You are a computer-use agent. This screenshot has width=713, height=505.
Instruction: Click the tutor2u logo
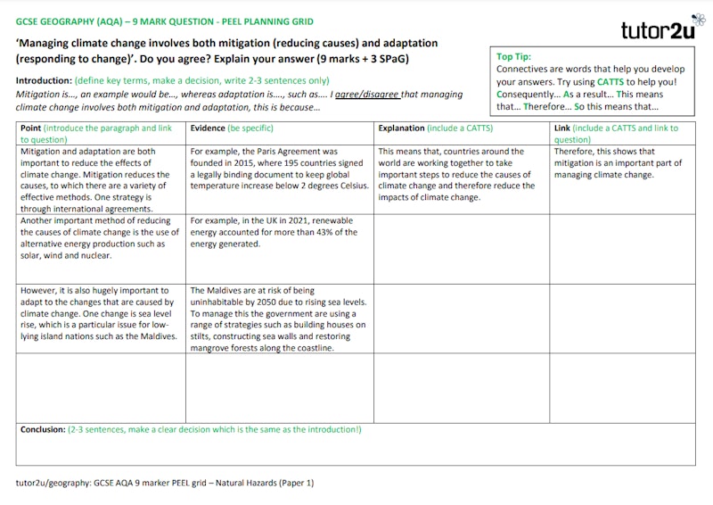[657, 30]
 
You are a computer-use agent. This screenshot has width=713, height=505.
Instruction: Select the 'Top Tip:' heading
[513, 57]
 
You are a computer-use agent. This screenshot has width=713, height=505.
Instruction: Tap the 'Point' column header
[30, 128]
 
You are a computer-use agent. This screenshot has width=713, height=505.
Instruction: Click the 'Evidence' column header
[208, 128]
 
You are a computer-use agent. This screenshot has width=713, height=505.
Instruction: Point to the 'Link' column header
[561, 128]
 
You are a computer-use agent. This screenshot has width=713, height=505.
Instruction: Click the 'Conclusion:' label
[43, 429]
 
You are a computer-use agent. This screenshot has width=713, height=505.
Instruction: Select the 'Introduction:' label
[44, 80]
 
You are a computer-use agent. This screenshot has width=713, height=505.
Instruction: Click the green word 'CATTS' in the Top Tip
[610, 81]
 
